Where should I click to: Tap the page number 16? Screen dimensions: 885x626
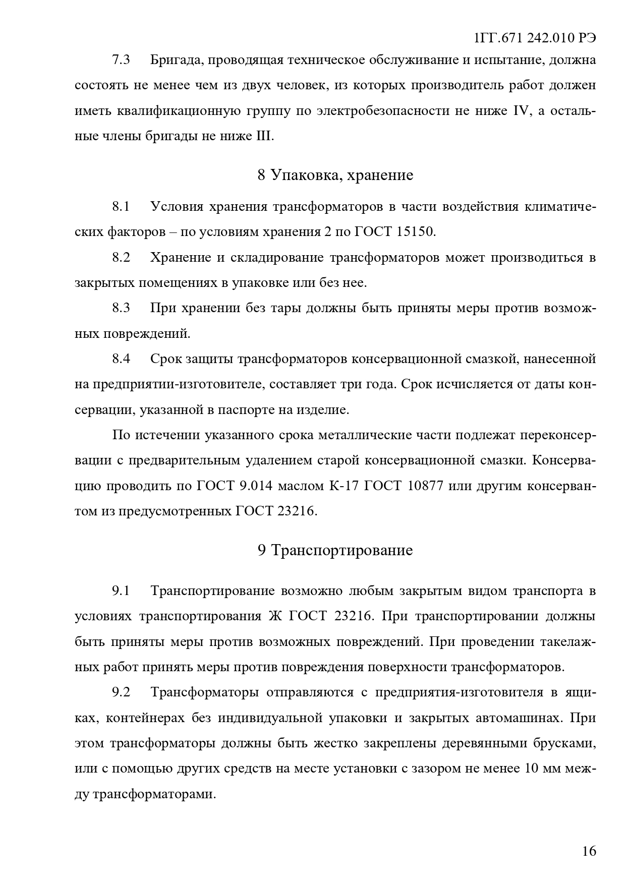point(589,851)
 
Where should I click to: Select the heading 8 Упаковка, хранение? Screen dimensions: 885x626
point(335,175)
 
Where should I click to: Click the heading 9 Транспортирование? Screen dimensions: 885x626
point(335,550)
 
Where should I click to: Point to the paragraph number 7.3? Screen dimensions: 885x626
point(121,60)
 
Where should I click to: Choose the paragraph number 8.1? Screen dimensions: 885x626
point(121,206)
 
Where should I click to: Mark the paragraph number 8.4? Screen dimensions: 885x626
point(121,359)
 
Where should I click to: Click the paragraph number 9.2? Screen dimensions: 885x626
point(121,692)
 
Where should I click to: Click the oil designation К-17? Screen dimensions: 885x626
point(344,486)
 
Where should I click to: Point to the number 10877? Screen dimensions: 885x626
point(425,486)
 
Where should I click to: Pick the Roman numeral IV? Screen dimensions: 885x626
point(519,111)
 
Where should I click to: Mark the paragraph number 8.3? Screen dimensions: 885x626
point(121,308)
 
